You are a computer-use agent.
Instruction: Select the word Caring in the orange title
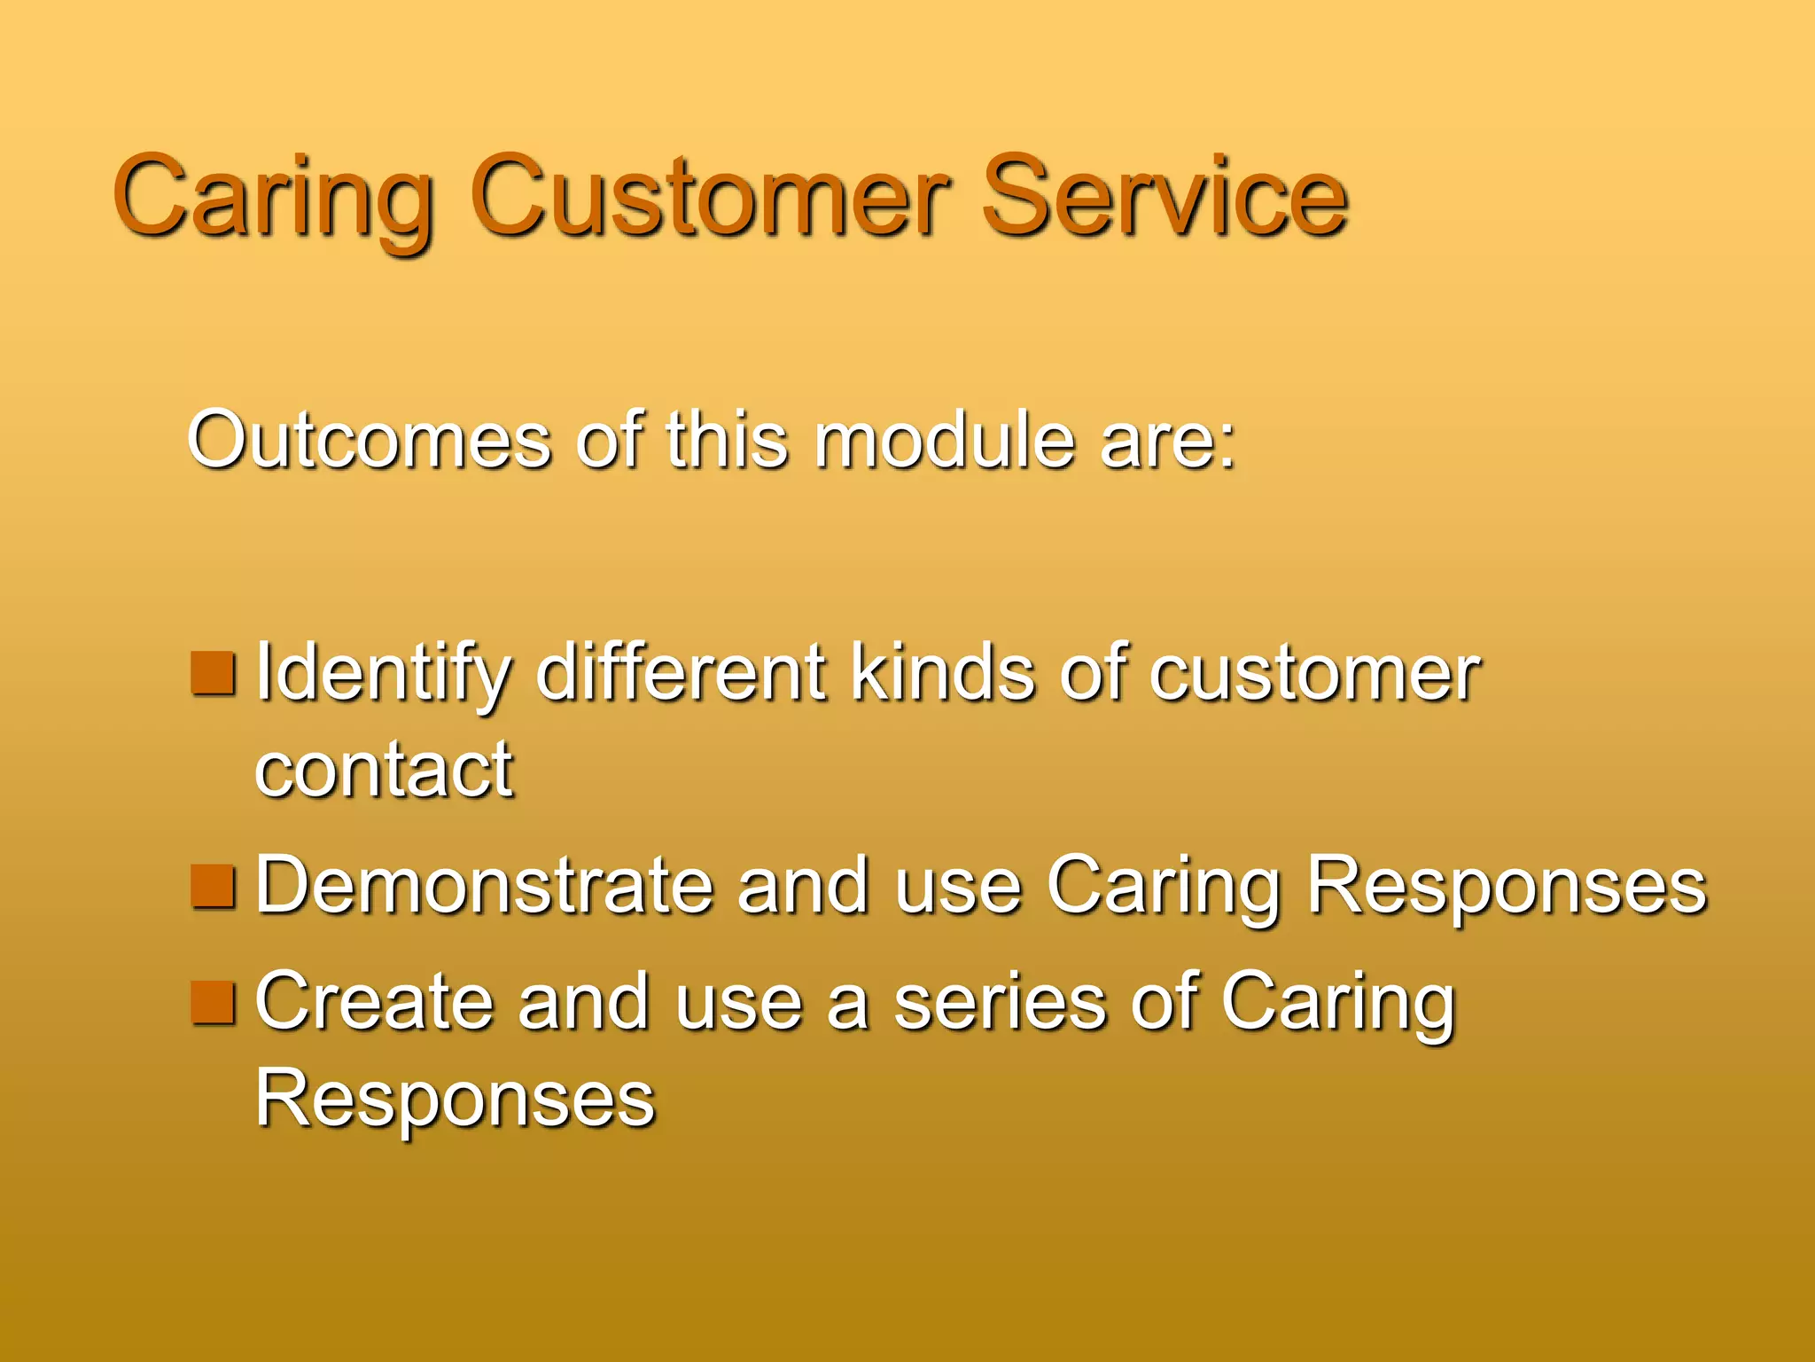273,200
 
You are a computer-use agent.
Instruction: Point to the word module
945,440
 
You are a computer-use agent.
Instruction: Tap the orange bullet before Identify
214,674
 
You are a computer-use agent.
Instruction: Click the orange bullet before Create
214,1002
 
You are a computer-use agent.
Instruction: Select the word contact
384,770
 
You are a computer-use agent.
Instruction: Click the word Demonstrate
484,885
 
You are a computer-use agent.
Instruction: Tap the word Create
373,1002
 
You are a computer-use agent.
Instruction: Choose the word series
1000,1002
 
